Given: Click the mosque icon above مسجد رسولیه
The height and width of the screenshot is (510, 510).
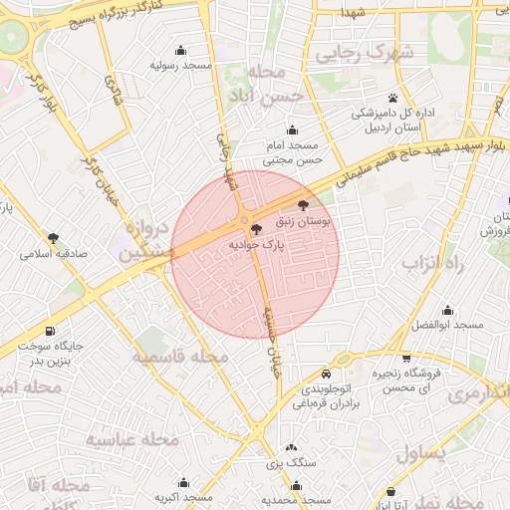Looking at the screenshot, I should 181,51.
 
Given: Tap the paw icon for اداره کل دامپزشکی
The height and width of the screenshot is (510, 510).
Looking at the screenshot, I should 394,99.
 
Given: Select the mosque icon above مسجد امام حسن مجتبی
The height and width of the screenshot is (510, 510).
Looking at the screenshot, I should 292,129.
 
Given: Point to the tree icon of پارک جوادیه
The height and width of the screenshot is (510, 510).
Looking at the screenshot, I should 257,229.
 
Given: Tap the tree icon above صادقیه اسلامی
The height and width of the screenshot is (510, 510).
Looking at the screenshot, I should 53,238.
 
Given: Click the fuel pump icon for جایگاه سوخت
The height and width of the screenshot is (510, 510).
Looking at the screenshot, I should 50,331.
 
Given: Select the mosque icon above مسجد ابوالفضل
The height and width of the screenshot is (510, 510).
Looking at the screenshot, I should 447,310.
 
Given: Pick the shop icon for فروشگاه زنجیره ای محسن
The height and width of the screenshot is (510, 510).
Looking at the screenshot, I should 406,359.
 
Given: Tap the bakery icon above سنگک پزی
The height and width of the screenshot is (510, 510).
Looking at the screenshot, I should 290,449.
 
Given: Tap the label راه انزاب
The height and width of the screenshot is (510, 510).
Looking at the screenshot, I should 433,264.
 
